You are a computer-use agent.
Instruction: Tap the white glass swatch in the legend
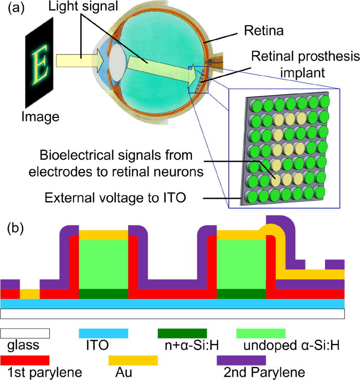(25, 333)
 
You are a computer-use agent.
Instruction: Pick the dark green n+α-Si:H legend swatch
(182, 333)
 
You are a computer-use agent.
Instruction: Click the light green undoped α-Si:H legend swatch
(260, 333)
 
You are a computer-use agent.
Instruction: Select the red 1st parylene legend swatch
(25, 359)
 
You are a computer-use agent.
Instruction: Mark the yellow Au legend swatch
(133, 359)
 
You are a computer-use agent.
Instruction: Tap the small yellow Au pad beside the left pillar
(29, 294)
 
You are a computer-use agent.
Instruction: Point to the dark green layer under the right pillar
(242, 294)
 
